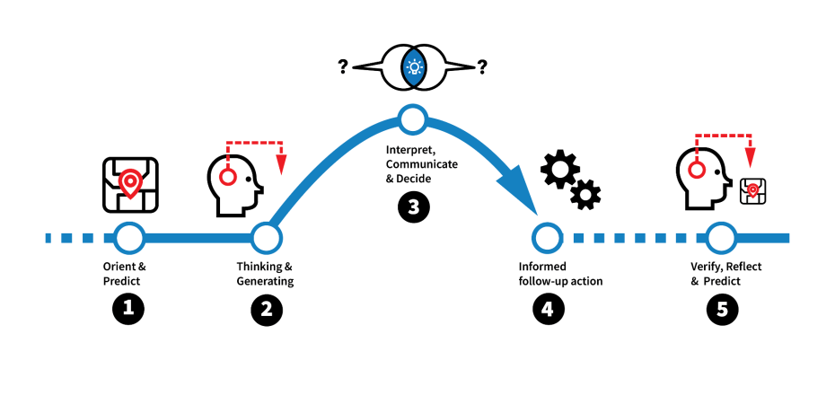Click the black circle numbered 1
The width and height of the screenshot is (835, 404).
tap(128, 309)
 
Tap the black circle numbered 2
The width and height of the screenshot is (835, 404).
tap(266, 309)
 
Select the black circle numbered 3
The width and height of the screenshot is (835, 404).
tap(412, 207)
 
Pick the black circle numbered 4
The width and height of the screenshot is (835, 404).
tap(546, 309)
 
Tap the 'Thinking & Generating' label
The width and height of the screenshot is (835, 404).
tap(265, 274)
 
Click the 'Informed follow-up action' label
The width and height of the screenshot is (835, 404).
tap(560, 274)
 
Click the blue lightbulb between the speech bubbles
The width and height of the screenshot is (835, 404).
tap(414, 67)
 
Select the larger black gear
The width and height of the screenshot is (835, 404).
tap(559, 170)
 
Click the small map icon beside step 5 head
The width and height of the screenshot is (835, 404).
tap(752, 190)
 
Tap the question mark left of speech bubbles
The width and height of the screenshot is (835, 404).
tap(343, 66)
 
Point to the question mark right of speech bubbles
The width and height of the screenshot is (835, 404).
tap(483, 66)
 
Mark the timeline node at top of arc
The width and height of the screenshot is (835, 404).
tap(412, 118)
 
